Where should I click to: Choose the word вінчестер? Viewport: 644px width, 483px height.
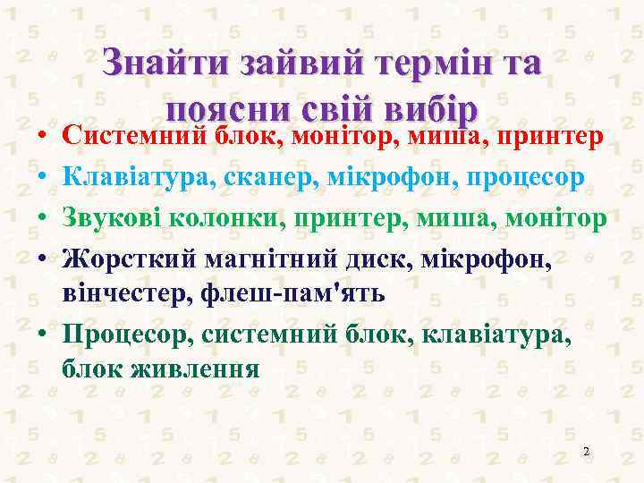click(122, 292)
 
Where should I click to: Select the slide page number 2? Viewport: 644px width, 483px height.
click(585, 451)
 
